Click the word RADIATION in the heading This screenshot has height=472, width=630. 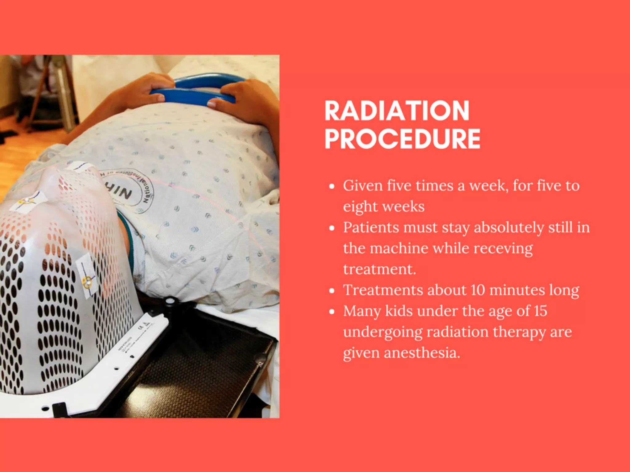tap(397, 111)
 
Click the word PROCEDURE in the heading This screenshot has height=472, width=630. tap(402, 139)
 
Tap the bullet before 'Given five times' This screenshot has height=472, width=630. tap(332, 187)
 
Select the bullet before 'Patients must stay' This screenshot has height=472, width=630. tap(332, 228)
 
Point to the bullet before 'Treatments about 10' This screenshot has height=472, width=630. tap(332, 291)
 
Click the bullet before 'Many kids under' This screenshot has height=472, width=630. tap(332, 312)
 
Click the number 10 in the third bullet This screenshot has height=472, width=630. tap(478, 290)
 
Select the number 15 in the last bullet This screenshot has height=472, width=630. tap(540, 311)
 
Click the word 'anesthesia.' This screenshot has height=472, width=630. tap(422, 353)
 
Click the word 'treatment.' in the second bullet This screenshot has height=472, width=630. tap(380, 269)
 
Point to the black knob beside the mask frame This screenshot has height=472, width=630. tap(169, 301)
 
